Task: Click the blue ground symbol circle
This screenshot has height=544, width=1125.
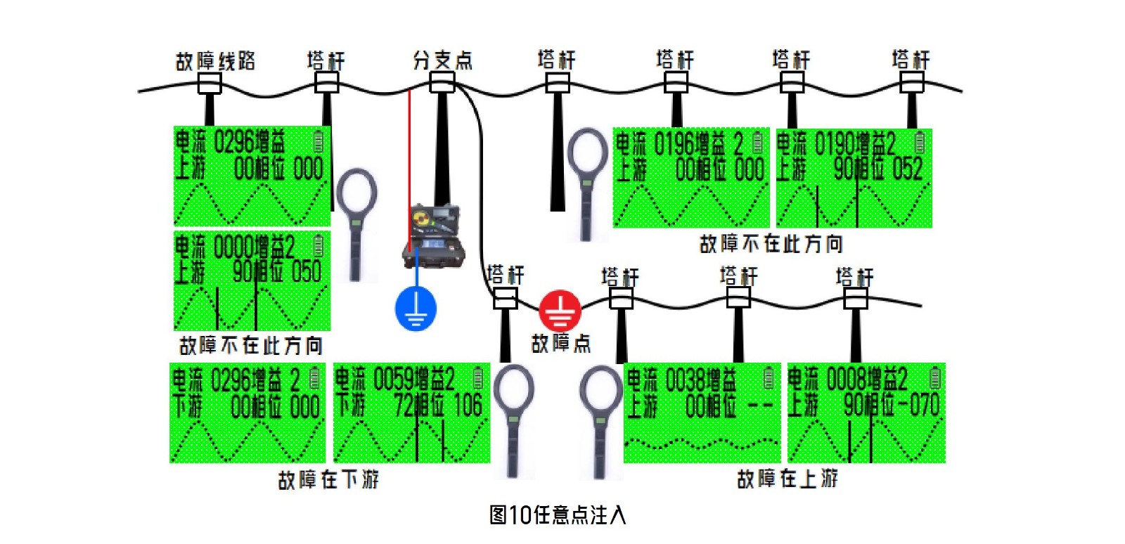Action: pyautogui.click(x=416, y=308)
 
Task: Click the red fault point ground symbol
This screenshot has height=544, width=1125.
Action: pyautogui.click(x=560, y=310)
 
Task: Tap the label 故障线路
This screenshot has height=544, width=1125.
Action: pyautogui.click(x=215, y=61)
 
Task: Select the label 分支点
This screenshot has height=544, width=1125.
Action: pyautogui.click(x=442, y=60)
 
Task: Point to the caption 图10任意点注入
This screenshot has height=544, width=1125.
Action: pyautogui.click(x=557, y=515)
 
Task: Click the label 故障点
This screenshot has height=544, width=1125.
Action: pyautogui.click(x=560, y=344)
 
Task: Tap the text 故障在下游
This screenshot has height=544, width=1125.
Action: pyautogui.click(x=328, y=480)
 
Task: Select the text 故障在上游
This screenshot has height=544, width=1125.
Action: pyautogui.click(x=787, y=479)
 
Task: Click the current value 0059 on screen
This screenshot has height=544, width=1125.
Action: pyautogui.click(x=394, y=380)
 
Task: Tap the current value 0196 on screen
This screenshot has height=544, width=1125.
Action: pyautogui.click(x=674, y=145)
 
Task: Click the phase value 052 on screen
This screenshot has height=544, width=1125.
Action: pyautogui.click(x=907, y=169)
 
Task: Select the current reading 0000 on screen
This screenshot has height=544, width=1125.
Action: pyautogui.click(x=233, y=247)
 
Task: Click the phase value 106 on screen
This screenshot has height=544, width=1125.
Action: pyautogui.click(x=467, y=406)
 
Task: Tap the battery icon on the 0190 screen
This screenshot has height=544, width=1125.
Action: pyautogui.click(x=920, y=143)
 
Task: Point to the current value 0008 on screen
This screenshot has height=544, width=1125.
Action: pyautogui.click(x=847, y=380)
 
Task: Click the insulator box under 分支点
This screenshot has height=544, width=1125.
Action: pyautogui.click(x=442, y=84)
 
